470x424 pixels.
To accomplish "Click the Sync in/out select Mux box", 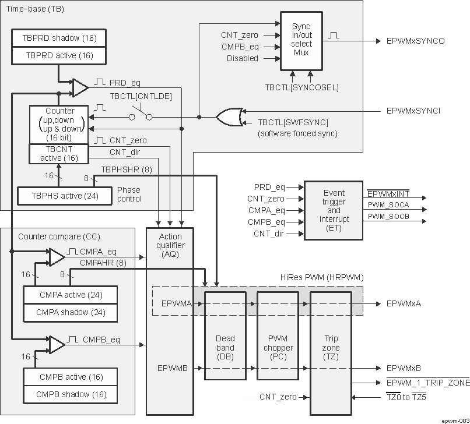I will coord(301,40).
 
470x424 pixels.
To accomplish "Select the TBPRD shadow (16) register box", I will coord(57,38).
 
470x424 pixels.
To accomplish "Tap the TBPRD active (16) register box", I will coord(57,56).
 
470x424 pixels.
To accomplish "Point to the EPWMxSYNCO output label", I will coord(415,41).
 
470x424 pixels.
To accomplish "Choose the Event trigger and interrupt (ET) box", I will coord(334,210).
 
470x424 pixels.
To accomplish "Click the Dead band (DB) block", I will coord(225,344).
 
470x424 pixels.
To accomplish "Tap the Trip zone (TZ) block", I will coord(331,344).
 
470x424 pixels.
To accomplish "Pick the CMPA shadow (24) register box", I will coord(69,312).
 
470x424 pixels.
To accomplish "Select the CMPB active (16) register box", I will coord(69,377).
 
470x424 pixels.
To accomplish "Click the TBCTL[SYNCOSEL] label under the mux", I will coord(301,87).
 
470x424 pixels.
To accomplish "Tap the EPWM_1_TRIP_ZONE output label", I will coord(427,382).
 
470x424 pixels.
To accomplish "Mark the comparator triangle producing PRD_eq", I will coord(78,87).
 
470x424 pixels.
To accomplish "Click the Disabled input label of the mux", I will coord(243,58).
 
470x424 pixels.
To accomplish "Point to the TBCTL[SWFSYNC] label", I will coord(293,122).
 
